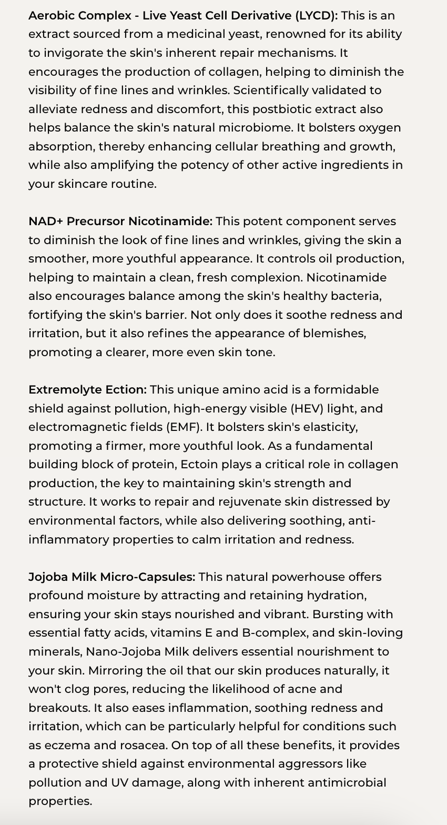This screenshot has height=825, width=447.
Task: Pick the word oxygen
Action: click(380, 128)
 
